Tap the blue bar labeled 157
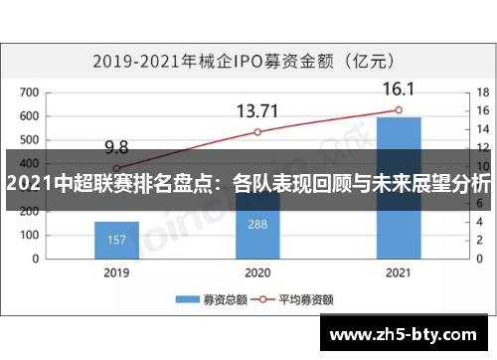[x=116, y=239]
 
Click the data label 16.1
[x=398, y=90]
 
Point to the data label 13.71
[x=257, y=110]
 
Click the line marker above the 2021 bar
[x=398, y=110]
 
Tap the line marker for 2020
[x=257, y=132]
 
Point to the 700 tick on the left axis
[x=29, y=93]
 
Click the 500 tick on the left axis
[x=29, y=140]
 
